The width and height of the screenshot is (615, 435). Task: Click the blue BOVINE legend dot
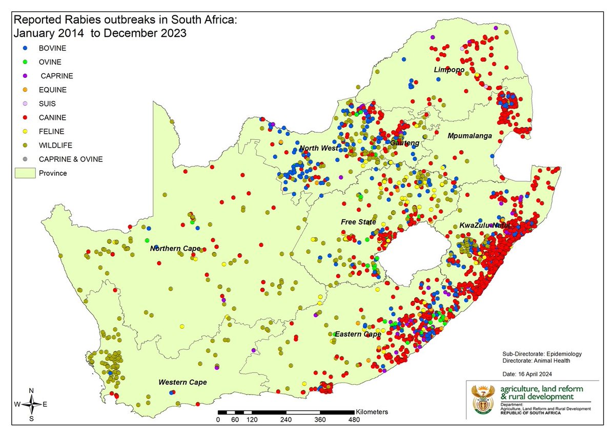24,48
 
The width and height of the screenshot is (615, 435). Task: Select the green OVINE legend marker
24,62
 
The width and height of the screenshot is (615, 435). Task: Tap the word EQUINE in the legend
52,90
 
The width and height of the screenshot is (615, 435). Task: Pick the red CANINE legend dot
24,117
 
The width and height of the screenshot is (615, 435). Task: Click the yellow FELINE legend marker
24,131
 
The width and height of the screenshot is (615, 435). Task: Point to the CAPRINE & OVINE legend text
70,159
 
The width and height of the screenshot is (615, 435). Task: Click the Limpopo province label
449,70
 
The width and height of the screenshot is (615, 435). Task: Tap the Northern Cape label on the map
175,248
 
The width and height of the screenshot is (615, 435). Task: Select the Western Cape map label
182,382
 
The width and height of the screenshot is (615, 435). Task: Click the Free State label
358,222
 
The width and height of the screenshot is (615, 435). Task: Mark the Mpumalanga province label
469,136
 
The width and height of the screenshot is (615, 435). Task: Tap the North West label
319,148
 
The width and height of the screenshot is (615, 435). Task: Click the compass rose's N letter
32,391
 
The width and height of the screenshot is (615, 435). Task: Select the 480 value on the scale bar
354,420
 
